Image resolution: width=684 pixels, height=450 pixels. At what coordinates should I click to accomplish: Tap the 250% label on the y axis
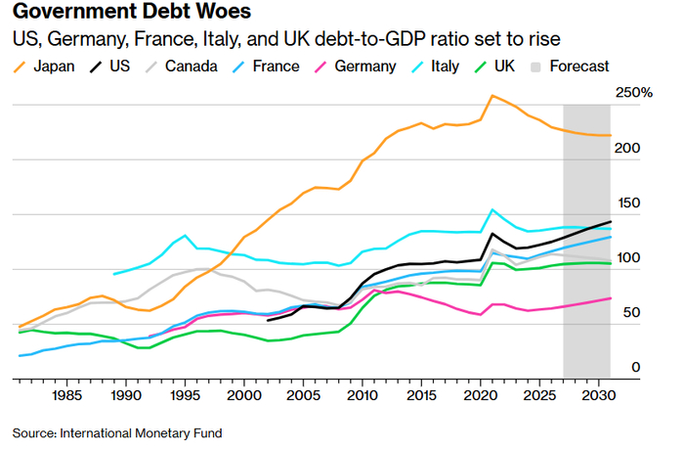click(633, 93)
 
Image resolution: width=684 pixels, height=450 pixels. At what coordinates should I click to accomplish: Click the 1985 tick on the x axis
click(67, 395)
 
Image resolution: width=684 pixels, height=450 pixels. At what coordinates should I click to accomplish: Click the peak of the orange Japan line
click(492, 96)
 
